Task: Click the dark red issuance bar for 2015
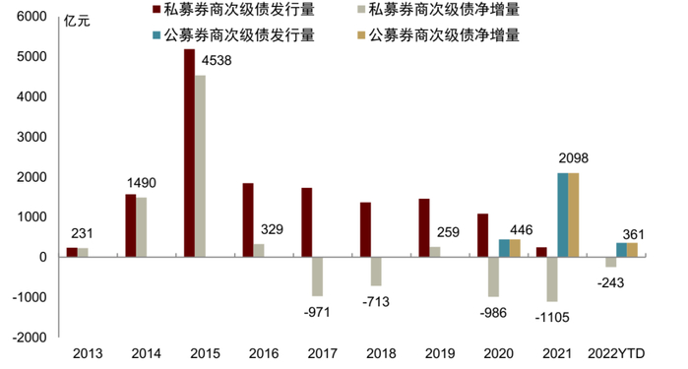[x=189, y=153]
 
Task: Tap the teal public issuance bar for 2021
[x=561, y=215]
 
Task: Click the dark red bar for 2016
[x=248, y=219]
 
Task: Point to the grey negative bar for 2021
[x=552, y=278]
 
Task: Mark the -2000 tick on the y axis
[x=29, y=337]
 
